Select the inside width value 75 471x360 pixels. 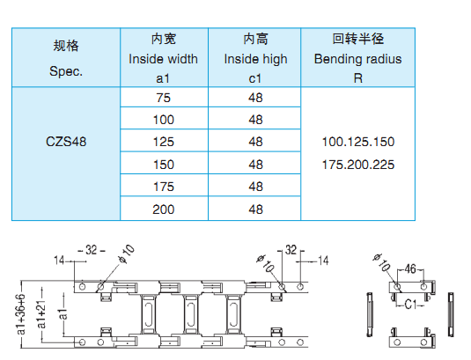(164, 98)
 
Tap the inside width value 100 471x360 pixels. (164, 120)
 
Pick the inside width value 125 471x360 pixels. (164, 142)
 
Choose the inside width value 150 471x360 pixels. (164, 165)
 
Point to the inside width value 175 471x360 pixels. (164, 187)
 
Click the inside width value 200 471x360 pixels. (164, 209)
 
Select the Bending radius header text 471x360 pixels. (357, 59)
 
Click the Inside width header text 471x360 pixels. (163, 59)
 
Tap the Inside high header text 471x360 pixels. (255, 60)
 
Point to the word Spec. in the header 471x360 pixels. (66, 72)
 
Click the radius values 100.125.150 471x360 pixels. (358, 142)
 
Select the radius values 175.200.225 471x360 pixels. (358, 165)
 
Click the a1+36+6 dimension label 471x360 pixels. (21, 314)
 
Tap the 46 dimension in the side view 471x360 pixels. (410, 268)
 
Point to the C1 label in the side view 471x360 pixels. (410, 305)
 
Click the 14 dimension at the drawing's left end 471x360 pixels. (59, 261)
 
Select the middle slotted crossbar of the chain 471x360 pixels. (191, 313)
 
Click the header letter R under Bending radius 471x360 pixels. (358, 78)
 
